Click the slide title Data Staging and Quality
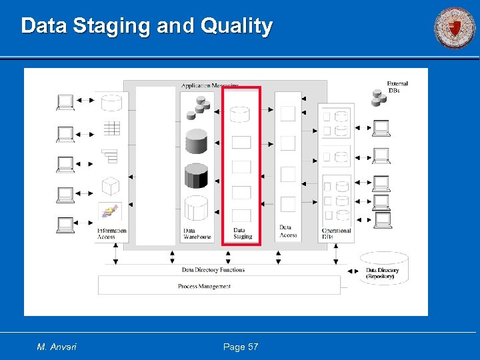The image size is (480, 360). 147,26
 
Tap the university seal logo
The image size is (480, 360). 455,28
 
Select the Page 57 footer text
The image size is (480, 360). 241,347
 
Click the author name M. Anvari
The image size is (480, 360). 57,347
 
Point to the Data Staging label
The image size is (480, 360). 243,233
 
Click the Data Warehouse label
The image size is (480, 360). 197,233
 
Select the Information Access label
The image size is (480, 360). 111,233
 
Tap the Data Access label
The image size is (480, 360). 288,231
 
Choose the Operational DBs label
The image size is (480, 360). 336,233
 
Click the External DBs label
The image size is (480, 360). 397,87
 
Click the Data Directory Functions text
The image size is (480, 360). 213,270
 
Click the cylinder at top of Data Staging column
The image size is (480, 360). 240,113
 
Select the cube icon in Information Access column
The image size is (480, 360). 111,186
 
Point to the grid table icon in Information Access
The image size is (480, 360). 111,128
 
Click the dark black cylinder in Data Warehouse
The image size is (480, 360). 196,175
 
